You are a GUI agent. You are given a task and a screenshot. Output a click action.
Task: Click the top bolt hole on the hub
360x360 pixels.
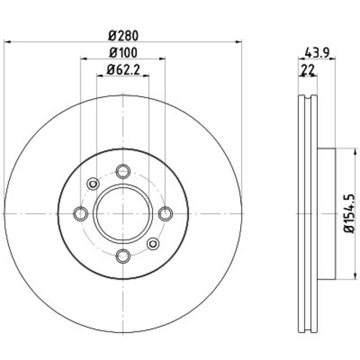(124, 171)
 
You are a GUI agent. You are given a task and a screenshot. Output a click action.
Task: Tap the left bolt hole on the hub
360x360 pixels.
(81, 214)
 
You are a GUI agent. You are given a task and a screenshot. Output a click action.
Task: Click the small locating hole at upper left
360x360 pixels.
(93, 184)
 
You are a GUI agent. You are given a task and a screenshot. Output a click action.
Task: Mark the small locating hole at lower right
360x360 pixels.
(154, 244)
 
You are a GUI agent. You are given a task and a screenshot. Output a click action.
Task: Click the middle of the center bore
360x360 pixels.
(124, 214)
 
